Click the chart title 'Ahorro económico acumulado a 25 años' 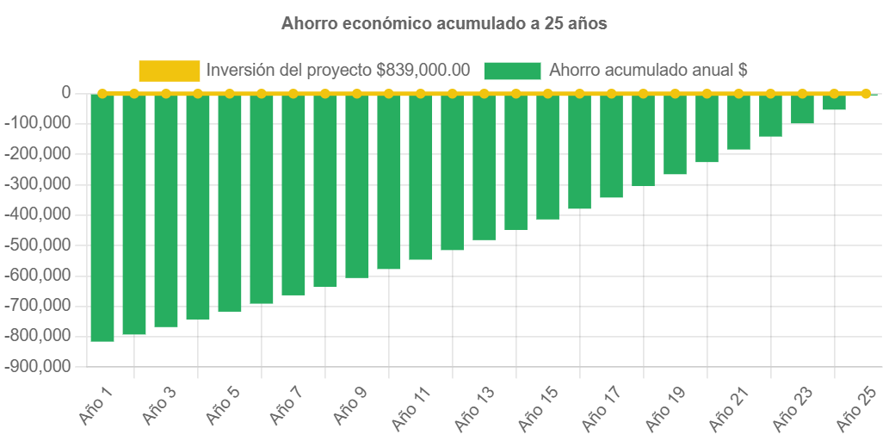tap(444, 24)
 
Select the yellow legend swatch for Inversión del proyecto tap(169, 71)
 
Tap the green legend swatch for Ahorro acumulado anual tap(512, 71)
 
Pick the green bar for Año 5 tap(230, 202)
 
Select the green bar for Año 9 tap(357, 185)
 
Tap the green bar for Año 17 tap(611, 146)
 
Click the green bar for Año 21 tap(738, 121)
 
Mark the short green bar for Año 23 tap(802, 109)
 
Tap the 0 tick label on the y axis tap(65, 92)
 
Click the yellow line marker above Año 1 tap(102, 93)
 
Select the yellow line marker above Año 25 tap(866, 93)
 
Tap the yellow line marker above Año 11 tap(421, 93)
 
